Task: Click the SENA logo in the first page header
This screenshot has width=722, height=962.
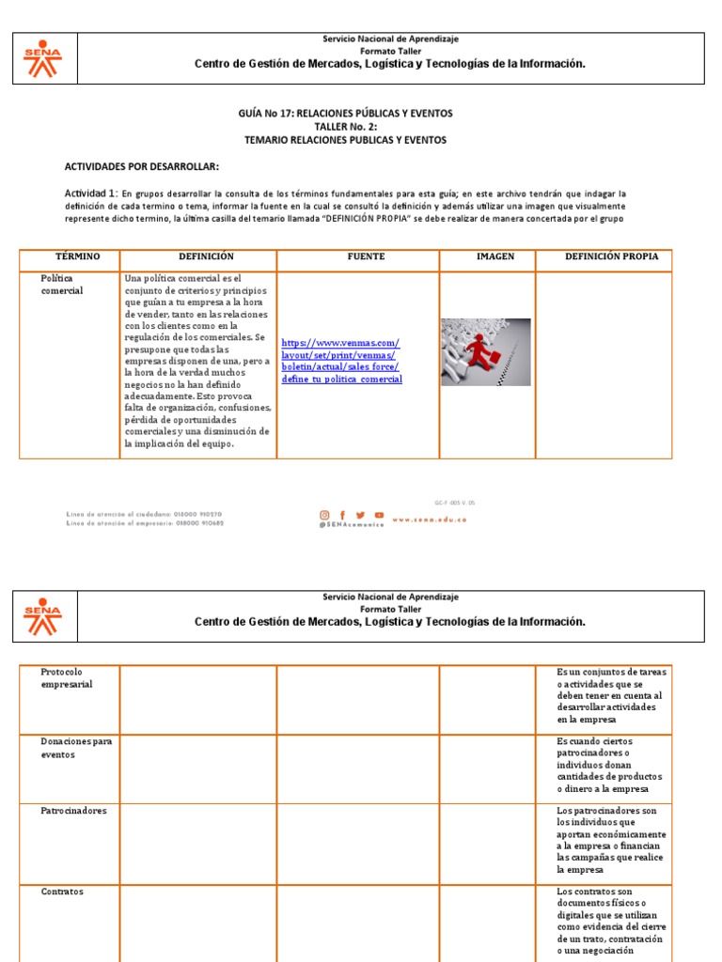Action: pos(42,58)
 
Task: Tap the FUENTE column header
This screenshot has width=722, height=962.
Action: pos(366,256)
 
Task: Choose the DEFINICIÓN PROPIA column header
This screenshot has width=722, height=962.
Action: pos(611,256)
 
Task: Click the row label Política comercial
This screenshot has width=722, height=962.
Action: pos(62,285)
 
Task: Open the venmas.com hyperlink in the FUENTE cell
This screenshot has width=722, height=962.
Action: pos(341,361)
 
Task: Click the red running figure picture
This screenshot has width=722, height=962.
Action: pos(485,352)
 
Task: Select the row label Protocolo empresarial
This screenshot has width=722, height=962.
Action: pos(67,678)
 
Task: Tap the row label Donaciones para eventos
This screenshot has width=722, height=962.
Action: pos(76,748)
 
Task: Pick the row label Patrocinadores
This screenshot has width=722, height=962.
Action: pos(73,811)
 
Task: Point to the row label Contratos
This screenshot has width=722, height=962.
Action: pos(62,892)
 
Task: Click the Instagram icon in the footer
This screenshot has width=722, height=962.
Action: pos(325,515)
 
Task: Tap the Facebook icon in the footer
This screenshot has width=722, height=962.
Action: pos(343,515)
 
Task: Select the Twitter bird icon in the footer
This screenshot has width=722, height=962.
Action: pos(361,515)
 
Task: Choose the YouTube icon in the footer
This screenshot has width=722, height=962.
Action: pos(379,515)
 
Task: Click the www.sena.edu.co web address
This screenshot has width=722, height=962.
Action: pos(429,519)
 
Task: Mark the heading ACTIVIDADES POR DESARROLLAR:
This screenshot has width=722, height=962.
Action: pos(141,167)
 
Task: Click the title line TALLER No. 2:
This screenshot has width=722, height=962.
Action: pos(345,127)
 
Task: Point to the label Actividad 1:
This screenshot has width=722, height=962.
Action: pos(90,193)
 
